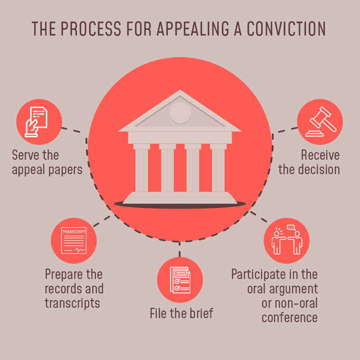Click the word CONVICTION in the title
286,29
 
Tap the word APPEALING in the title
193,29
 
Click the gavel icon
321,121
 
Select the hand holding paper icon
36,121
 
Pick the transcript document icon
74,240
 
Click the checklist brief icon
180,280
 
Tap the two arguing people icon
287,240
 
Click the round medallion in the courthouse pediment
180,113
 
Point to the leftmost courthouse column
142,168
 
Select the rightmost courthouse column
218,168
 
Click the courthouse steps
180,198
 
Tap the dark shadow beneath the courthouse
180,205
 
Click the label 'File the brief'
181,313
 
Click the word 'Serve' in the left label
25,155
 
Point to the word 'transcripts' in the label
72,303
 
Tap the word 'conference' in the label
289,318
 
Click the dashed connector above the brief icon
180,249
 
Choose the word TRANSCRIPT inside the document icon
74,232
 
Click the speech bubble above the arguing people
291,228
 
